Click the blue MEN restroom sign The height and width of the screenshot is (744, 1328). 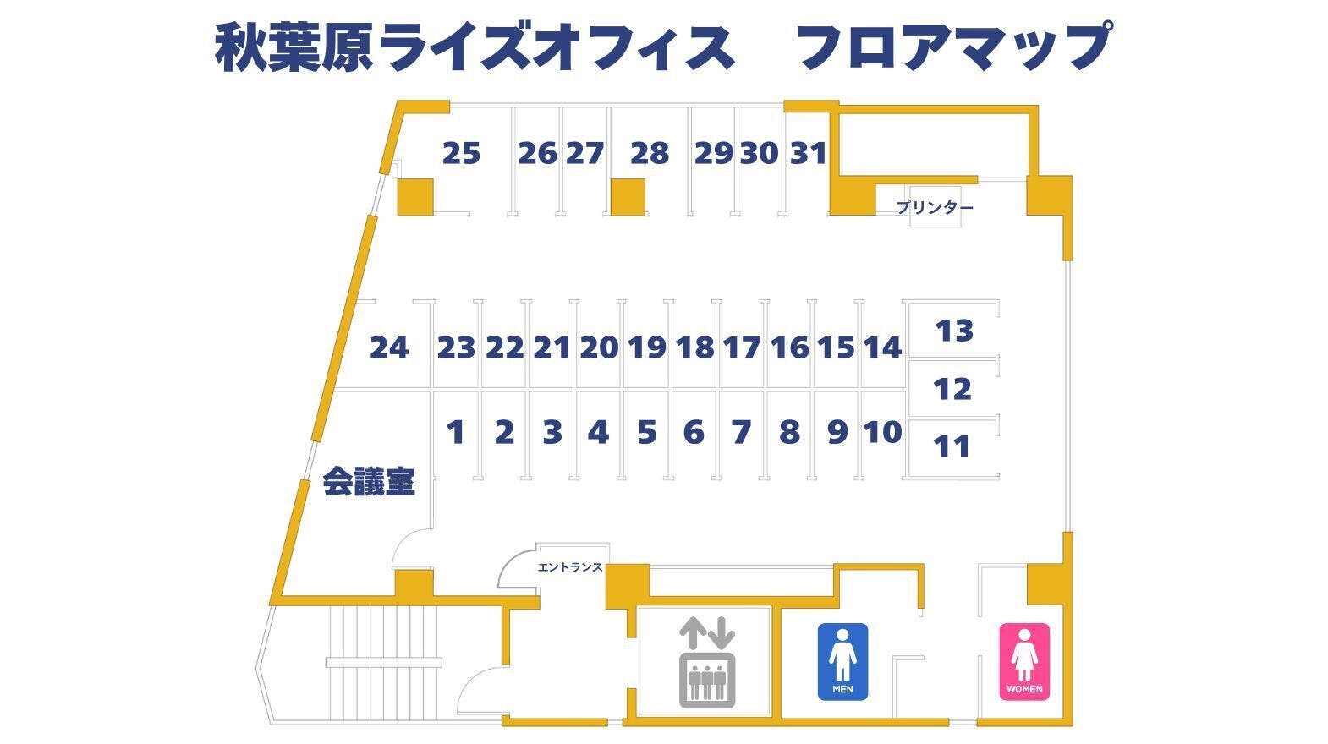842,662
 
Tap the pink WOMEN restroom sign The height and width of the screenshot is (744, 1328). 1025,662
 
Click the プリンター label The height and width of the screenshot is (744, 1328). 935,207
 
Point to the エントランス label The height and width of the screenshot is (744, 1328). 570,567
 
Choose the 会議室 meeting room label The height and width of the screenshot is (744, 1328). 369,483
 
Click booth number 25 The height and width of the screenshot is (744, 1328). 461,154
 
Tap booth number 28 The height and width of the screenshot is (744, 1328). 650,154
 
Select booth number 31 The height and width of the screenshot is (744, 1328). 808,154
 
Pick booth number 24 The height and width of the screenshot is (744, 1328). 389,347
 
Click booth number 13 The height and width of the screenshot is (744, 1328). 954,331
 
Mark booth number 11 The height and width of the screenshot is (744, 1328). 952,446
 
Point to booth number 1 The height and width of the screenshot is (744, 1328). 456,432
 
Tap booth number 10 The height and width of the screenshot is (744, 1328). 882,432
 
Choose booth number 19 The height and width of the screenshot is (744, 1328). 647,347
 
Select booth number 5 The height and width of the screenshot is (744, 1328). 646,432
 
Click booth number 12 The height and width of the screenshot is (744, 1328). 952,390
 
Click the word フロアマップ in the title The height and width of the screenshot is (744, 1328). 952,46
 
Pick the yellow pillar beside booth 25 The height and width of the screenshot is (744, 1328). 415,196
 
